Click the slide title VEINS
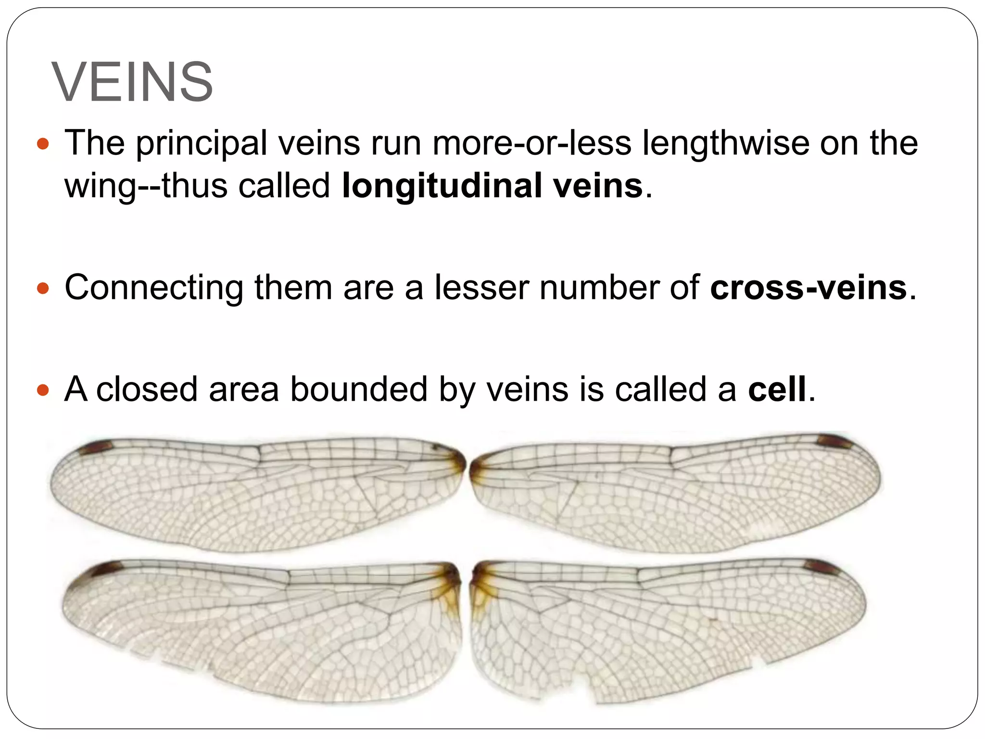[132, 82]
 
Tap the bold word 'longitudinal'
[442, 186]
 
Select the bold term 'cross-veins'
[808, 288]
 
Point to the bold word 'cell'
[777, 389]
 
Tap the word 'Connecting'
[154, 288]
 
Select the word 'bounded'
[359, 389]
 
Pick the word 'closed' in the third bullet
[147, 389]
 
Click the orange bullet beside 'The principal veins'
[43, 143]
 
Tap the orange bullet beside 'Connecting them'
[43, 288]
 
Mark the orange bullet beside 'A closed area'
[43, 390]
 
